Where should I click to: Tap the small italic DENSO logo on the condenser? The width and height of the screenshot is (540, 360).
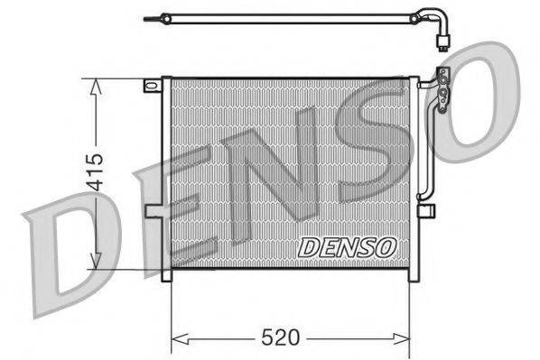(x=346, y=245)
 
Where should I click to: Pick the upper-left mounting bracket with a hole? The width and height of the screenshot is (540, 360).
(x=151, y=86)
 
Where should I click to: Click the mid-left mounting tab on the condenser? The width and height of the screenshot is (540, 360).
(x=154, y=211)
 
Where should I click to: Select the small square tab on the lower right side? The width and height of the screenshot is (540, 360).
(x=428, y=210)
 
